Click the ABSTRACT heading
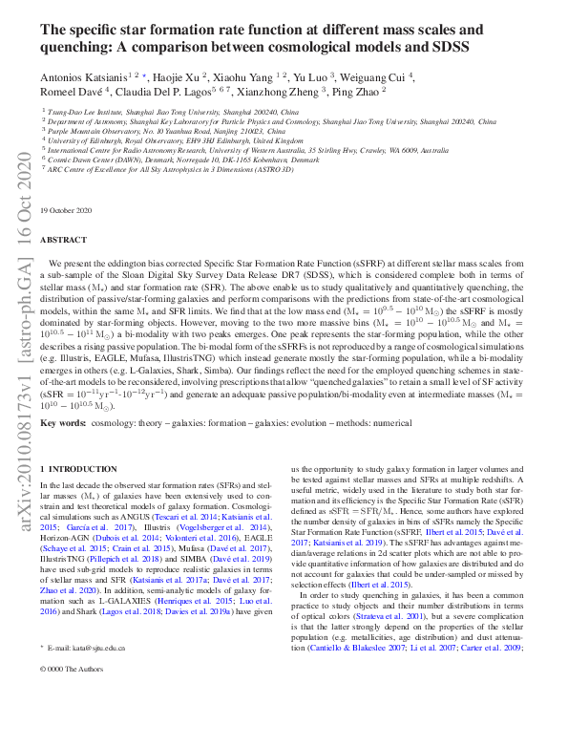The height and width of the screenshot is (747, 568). pos(64,240)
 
